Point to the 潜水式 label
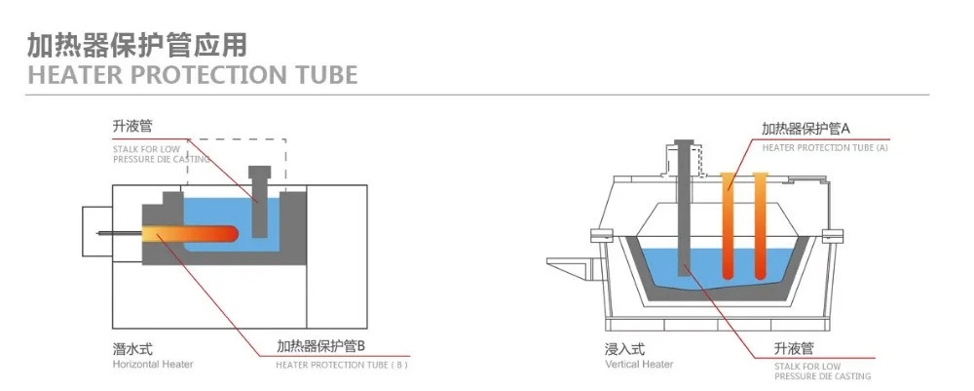coord(131,348)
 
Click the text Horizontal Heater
coord(152,365)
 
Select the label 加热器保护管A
coord(805,129)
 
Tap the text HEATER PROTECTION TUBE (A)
coord(824,148)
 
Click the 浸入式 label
coord(624,348)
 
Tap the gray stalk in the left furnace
coord(258,210)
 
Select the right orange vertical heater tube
coord(760,224)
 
